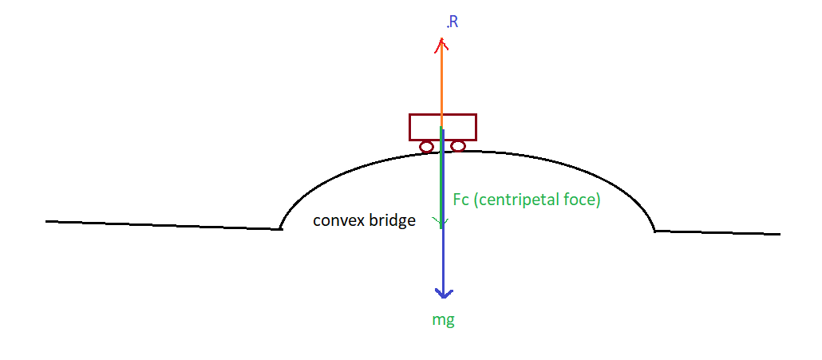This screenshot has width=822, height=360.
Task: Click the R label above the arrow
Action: pyautogui.click(x=452, y=22)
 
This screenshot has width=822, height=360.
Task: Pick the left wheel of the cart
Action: pyautogui.click(x=427, y=146)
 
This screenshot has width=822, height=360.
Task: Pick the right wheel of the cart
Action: pyautogui.click(x=457, y=145)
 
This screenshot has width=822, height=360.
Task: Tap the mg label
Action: pyautogui.click(x=443, y=320)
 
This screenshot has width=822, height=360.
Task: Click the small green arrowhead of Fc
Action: pyautogui.click(x=439, y=222)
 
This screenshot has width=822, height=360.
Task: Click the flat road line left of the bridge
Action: pyautogui.click(x=160, y=225)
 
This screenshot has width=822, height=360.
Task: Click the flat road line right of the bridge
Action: pyautogui.click(x=718, y=232)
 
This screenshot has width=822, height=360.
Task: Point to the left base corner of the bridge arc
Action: pyautogui.click(x=281, y=228)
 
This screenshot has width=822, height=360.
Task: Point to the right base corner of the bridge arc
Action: pyautogui.click(x=654, y=231)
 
